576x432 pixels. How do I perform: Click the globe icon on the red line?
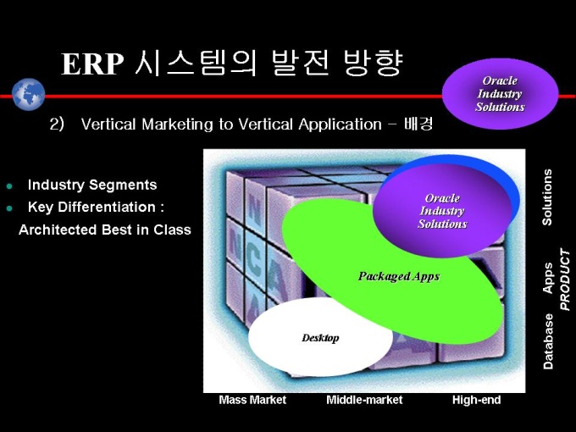pyautogui.click(x=28, y=94)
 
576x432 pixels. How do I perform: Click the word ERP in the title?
pyautogui.click(x=92, y=64)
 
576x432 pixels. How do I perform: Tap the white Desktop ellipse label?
pyautogui.click(x=320, y=338)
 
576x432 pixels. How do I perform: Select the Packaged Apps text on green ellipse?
pyautogui.click(x=399, y=277)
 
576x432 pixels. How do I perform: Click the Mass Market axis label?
pyautogui.click(x=252, y=400)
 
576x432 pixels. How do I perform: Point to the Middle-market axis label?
pyautogui.click(x=364, y=400)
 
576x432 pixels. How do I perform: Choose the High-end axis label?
pyautogui.click(x=476, y=400)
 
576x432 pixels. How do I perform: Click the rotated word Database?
pyautogui.click(x=548, y=341)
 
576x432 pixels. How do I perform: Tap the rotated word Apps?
pyautogui.click(x=548, y=278)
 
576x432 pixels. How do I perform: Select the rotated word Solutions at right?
pyautogui.click(x=547, y=197)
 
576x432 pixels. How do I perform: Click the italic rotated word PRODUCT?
pyautogui.click(x=565, y=280)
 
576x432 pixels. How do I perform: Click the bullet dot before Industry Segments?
pyautogui.click(x=9, y=186)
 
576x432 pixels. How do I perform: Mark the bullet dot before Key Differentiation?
pyautogui.click(x=9, y=208)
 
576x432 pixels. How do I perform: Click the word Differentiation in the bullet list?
pyautogui.click(x=107, y=208)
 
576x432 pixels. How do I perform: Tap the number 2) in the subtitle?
pyautogui.click(x=57, y=125)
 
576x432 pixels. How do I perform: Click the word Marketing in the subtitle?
pyautogui.click(x=177, y=125)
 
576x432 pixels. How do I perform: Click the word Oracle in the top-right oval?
pyautogui.click(x=500, y=80)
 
